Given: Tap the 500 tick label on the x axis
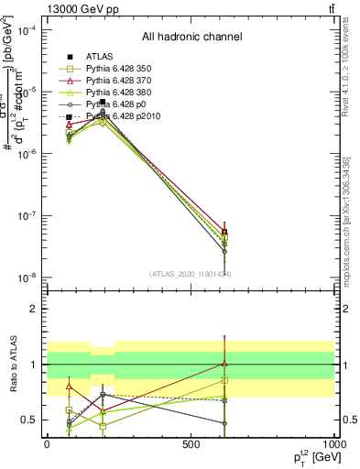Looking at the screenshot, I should [x=191, y=444].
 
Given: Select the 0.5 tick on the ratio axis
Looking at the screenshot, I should [x=29, y=420].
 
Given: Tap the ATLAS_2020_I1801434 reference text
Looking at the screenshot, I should [x=191, y=273].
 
